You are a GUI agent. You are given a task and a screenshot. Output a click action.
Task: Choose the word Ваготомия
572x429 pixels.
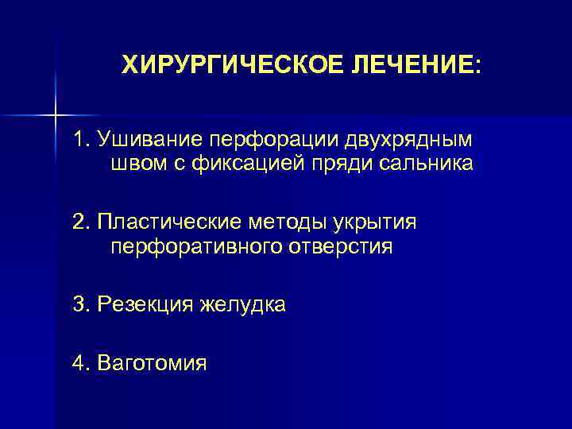pos(151,364)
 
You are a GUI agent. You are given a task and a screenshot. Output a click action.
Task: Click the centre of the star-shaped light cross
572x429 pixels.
pos(56,115)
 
